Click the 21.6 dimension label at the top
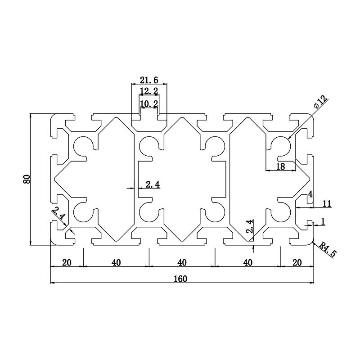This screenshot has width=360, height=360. point(148,80)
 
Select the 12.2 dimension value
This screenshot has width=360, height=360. point(148,91)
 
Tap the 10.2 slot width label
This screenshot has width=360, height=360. point(148,104)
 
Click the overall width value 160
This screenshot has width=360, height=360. point(180,279)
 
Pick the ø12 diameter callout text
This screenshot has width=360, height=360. point(320,102)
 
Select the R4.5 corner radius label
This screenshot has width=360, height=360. point(326,249)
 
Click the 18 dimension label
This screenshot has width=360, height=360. point(280,166)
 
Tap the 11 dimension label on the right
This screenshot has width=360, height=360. point(327,204)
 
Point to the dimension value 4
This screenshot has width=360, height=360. point(310,194)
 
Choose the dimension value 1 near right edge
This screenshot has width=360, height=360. point(323,220)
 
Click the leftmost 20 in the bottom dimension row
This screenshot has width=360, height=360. point(67,263)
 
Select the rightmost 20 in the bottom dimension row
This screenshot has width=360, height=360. point(297,263)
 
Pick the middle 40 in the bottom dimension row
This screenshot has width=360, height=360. point(182,263)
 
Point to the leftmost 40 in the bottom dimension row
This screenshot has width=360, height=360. point(116,263)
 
